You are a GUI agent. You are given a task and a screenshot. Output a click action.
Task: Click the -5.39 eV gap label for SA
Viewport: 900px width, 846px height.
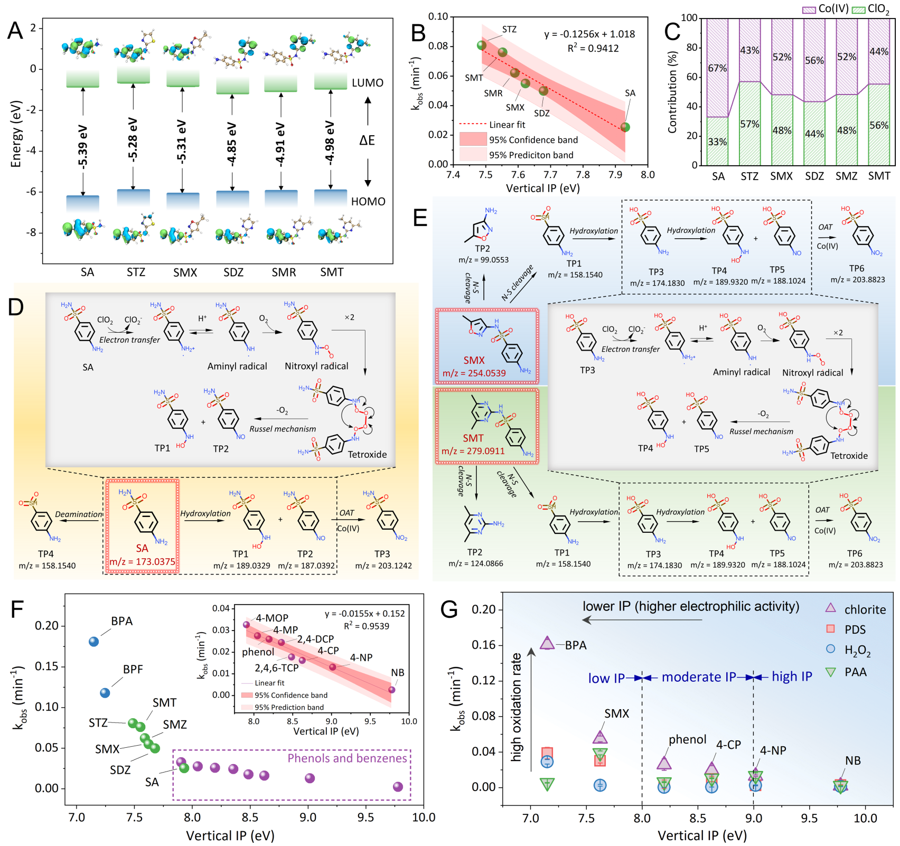pyautogui.click(x=83, y=146)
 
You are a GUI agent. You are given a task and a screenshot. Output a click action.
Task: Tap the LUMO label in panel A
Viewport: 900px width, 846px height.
pyautogui.click(x=368, y=83)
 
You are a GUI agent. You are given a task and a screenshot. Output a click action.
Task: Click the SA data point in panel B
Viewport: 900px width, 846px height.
pyautogui.click(x=625, y=127)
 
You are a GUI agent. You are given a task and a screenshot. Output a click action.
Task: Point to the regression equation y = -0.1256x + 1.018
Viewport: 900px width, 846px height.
pyautogui.click(x=589, y=34)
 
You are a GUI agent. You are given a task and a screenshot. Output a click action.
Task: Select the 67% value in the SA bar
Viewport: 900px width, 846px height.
pyautogui.click(x=717, y=68)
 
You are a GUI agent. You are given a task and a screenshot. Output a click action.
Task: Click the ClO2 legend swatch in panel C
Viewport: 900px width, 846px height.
pyautogui.click(x=858, y=10)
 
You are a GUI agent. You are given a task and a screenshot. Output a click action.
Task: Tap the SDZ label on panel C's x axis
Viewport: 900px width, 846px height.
pyautogui.click(x=814, y=176)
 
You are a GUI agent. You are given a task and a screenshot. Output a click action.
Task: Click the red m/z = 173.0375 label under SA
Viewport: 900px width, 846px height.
pyautogui.click(x=142, y=561)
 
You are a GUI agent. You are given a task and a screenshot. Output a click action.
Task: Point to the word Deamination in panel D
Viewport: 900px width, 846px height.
pyautogui.click(x=79, y=514)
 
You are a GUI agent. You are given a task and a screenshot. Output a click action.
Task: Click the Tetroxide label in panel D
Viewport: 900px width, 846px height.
pyautogui.click(x=367, y=454)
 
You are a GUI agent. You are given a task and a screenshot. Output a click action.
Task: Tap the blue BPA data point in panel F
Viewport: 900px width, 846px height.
pyautogui.click(x=94, y=642)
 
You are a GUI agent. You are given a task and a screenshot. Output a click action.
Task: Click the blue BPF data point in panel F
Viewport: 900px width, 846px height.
pyautogui.click(x=105, y=692)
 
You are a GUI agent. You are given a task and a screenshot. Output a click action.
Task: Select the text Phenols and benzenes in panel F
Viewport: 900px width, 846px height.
pyautogui.click(x=347, y=758)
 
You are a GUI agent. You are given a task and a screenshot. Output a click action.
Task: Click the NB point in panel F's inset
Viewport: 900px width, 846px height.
pyautogui.click(x=391, y=690)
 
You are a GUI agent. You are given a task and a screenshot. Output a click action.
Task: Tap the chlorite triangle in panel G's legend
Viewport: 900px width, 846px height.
pyautogui.click(x=831, y=608)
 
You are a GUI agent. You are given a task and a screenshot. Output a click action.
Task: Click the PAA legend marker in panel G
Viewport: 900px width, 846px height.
pyautogui.click(x=831, y=672)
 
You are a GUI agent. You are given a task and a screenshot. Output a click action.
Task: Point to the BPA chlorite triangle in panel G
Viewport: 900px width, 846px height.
pyautogui.click(x=547, y=643)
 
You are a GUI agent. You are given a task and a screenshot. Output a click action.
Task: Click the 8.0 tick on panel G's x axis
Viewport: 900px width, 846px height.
pyautogui.click(x=642, y=818)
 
